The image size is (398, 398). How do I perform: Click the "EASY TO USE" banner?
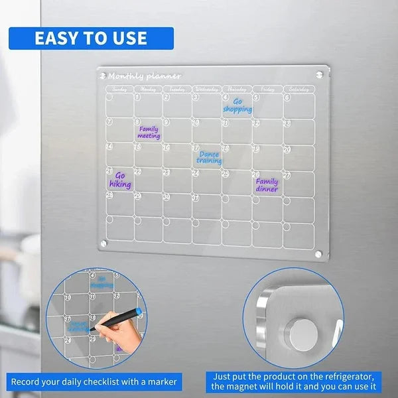pyautogui.click(x=92, y=38)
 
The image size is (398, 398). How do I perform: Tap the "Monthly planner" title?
pyautogui.click(x=144, y=76)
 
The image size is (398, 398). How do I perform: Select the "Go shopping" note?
pyautogui.click(x=237, y=105)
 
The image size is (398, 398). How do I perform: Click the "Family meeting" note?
pyautogui.click(x=149, y=132)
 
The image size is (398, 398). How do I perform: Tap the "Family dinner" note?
pyautogui.click(x=267, y=184)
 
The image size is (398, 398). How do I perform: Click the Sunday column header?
pyautogui.click(x=119, y=88)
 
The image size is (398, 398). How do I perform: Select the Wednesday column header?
pyautogui.click(x=206, y=88)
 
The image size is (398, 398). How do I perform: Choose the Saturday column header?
pyautogui.click(x=299, y=88)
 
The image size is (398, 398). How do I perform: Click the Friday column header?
pyautogui.click(x=267, y=88)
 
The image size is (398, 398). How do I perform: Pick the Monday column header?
pyautogui.click(x=148, y=88)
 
